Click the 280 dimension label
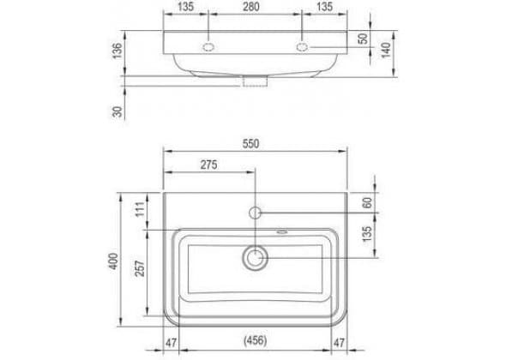[x=250, y=7]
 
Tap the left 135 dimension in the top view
[x=185, y=7]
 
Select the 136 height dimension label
[x=117, y=51]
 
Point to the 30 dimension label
[x=117, y=111]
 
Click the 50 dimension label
[x=363, y=39]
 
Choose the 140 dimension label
[x=386, y=50]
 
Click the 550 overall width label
[x=250, y=144]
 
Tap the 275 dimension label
[x=208, y=165]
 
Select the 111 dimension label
[x=140, y=209]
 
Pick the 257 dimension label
[x=140, y=268]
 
